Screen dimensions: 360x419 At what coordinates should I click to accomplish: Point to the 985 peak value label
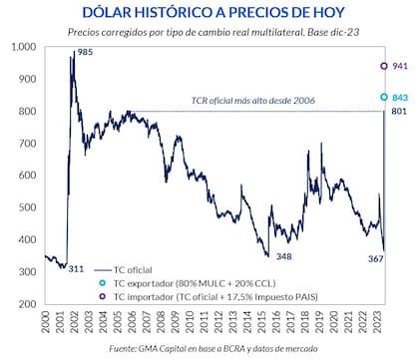(87, 51)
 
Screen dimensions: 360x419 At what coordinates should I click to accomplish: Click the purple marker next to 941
(384, 66)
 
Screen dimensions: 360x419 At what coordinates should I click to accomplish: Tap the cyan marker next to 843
(384, 98)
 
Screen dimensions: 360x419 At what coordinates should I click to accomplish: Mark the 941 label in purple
(401, 66)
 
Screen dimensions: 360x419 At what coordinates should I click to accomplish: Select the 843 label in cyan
(401, 98)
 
